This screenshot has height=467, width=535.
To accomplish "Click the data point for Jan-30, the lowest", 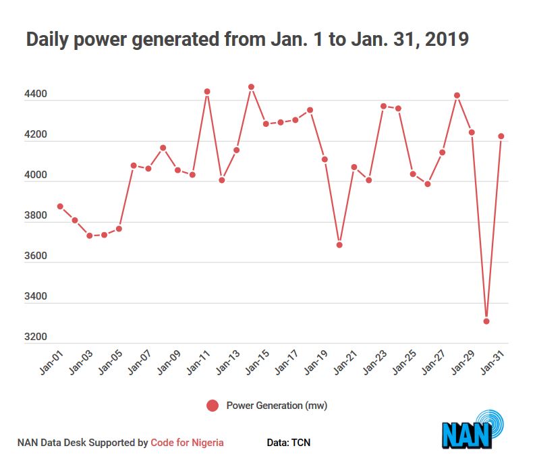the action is point(486,321).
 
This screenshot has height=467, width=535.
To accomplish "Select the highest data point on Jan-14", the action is point(252,87).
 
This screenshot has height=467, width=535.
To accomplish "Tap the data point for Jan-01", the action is point(61,207).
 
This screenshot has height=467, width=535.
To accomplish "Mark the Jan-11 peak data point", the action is point(207,92).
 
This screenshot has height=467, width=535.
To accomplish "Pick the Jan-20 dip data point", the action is point(339,245).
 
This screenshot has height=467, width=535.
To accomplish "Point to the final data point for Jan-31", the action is point(501,136).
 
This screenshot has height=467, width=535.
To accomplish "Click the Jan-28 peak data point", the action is point(457,96).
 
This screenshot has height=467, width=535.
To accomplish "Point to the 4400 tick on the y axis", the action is point(36,94).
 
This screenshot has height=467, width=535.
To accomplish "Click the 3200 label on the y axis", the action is point(36,337).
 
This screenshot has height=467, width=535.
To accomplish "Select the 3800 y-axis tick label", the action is point(36,215).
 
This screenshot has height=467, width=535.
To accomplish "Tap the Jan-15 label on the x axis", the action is point(257,362).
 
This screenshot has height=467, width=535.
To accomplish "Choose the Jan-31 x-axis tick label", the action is point(492,362).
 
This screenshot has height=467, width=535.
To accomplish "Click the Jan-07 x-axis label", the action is point(140,362).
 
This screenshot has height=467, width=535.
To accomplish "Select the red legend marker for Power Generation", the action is point(213,406).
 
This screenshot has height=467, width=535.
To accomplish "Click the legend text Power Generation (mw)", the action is point(277,406).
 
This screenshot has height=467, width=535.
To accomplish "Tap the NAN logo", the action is point(472,429).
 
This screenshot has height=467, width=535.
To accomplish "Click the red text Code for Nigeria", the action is point(187,443).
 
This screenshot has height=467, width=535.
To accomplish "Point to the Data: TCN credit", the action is point(289,443).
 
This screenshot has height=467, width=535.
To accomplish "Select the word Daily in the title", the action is point(47,40).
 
